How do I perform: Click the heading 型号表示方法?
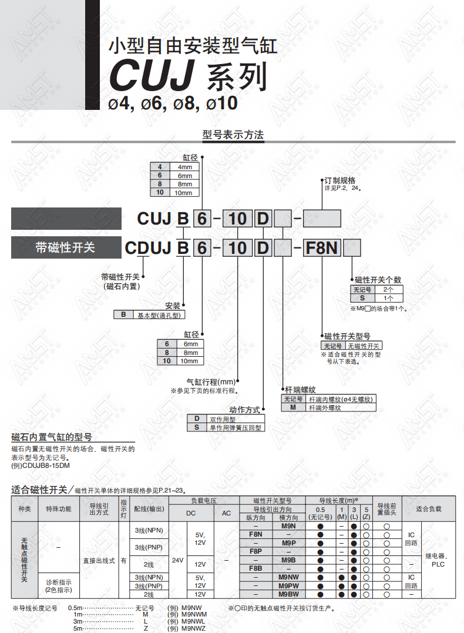pos(233,135)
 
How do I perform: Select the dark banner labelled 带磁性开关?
pos(66,247)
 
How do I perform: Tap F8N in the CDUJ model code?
pos(322,247)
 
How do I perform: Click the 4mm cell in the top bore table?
pos(185,167)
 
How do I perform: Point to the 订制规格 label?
pos(339,180)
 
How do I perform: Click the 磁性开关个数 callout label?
pos(378,280)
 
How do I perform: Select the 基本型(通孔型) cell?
pos(159,315)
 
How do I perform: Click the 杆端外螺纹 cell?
pos(325,408)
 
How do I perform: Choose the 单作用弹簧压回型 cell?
pos(235,427)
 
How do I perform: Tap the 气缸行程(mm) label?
pos(211,381)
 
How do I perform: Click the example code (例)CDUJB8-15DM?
pos(41,465)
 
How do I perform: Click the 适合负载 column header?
pos(429,508)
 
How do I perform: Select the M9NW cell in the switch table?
pos(288,577)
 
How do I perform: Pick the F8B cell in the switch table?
pos(255,568)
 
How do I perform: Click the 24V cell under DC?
pos(177,560)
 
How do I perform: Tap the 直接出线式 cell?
pos(99,560)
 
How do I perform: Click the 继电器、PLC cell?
pos(438,560)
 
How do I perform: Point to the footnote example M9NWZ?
pos(193,628)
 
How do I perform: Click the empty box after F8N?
pos(351,248)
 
